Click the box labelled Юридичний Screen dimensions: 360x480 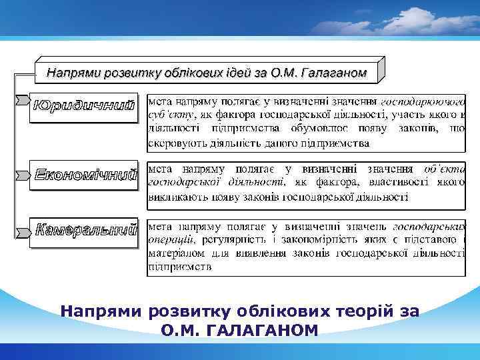tap(85, 107)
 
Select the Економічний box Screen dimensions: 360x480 tap(85, 174)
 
